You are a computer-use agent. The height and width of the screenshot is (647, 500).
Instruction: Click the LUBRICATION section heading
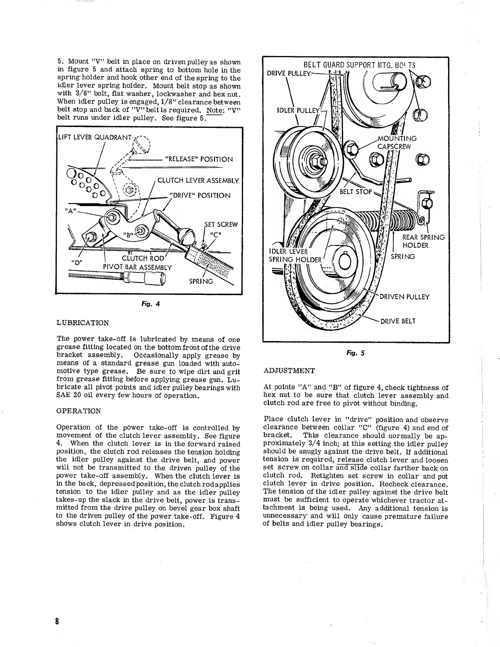pos(83,323)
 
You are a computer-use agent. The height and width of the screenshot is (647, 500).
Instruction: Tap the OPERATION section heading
pos(78,411)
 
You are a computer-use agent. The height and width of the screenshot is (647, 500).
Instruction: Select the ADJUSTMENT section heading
pos(290,370)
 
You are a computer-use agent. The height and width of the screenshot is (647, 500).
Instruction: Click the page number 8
pos(58,621)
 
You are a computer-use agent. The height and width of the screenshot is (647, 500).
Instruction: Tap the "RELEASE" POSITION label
pos(199,159)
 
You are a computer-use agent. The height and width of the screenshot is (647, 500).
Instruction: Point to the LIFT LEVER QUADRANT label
pos(94,137)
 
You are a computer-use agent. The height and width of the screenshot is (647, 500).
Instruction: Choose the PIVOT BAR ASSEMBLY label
pos(137,268)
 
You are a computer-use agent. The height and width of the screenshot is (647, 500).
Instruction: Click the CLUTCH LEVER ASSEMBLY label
pos(198,180)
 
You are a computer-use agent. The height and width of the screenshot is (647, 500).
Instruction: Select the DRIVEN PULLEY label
pos(404,297)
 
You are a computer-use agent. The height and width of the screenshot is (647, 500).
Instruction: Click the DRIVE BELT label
pos(398,321)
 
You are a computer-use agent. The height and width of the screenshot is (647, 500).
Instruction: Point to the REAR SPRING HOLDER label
pos(423,241)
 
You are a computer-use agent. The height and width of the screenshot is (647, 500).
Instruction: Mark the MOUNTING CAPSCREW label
pos(397,143)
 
